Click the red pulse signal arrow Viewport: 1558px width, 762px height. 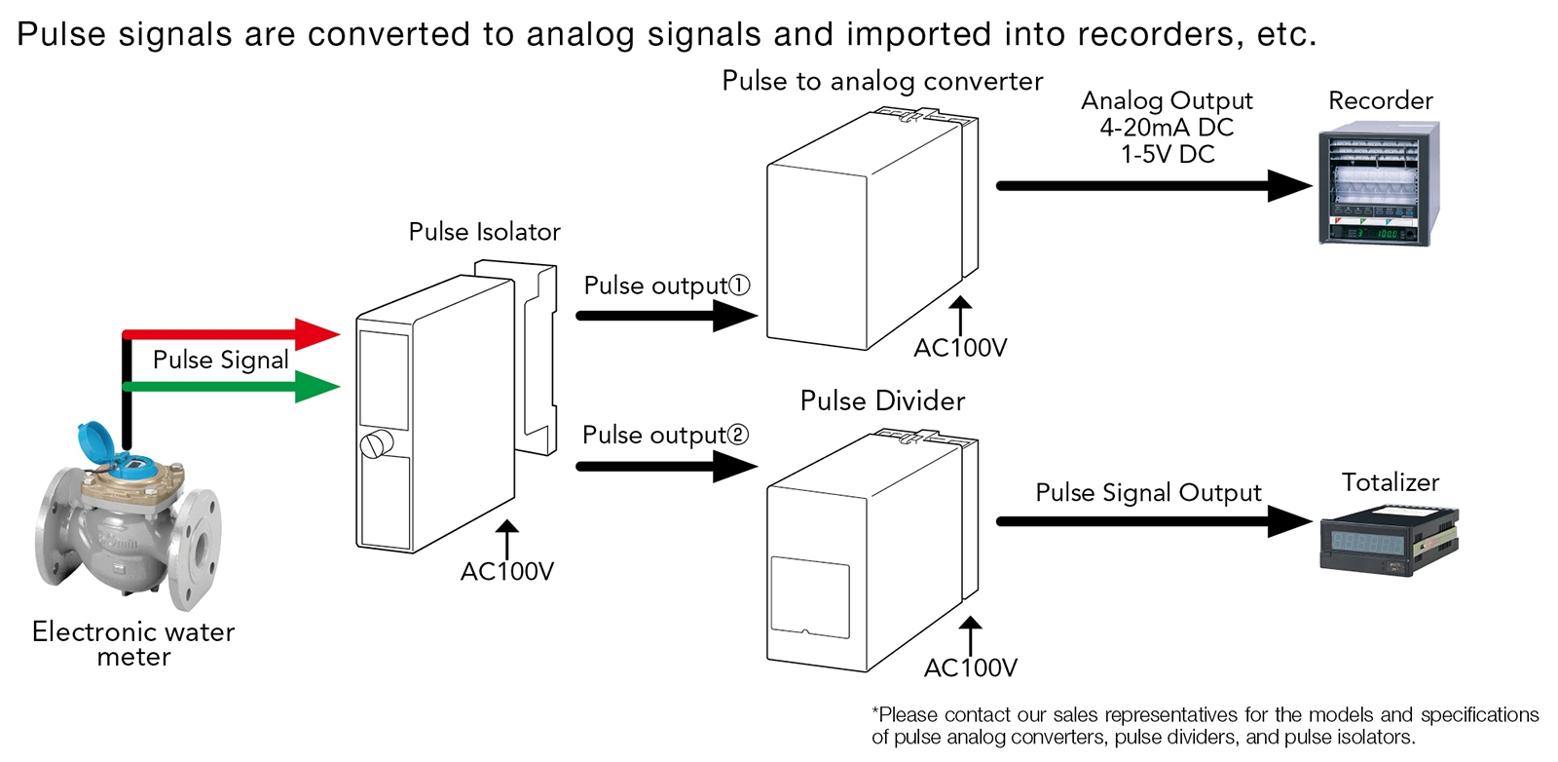234,334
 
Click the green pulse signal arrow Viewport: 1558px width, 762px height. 234,387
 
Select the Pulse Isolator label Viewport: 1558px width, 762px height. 484,232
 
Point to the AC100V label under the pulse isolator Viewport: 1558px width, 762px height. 506,571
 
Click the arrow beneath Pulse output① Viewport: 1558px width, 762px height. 667,316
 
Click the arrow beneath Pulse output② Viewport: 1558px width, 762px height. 667,466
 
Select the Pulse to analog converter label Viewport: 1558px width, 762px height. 882,81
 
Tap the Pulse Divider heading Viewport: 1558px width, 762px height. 882,400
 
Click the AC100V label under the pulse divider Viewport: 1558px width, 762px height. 970,667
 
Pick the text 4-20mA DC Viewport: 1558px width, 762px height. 1167,128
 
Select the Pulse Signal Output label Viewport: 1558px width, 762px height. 1148,492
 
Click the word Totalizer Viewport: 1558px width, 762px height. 1390,482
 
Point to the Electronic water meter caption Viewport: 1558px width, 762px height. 133,644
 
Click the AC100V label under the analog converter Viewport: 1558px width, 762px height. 960,348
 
